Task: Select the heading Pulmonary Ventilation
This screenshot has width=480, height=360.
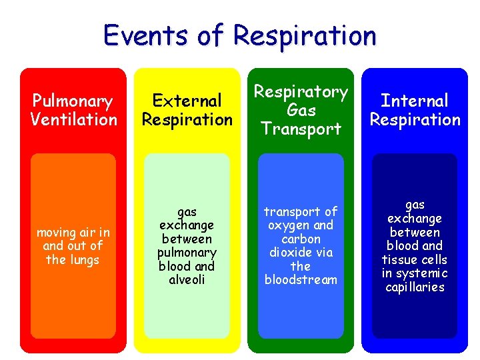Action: pos(73,110)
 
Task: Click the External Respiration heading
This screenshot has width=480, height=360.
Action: pos(187,110)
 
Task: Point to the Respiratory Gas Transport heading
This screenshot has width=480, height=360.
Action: pos(301,110)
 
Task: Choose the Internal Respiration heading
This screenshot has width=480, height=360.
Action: pos(415,110)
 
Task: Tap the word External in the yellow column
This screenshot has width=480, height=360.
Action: pos(187,101)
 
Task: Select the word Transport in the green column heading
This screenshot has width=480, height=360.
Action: pos(301,129)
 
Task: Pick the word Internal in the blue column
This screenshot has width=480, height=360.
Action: pos(415,101)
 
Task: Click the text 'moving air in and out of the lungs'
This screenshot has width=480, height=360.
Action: pos(73,246)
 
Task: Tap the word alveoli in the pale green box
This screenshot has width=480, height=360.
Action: pos(187,280)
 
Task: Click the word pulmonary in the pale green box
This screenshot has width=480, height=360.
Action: pos(187,253)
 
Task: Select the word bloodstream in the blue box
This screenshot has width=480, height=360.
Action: pos(301,280)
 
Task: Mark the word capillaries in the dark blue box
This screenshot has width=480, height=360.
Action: pos(415,287)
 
